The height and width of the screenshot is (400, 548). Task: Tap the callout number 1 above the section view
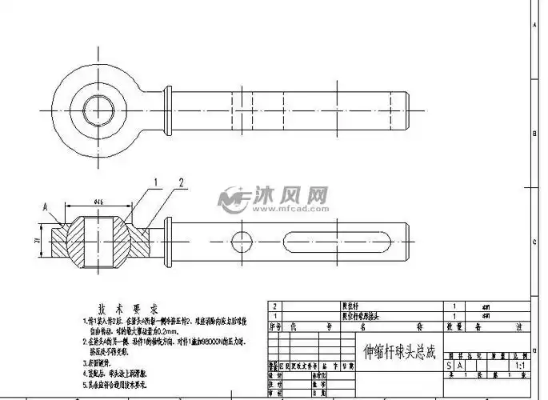156,182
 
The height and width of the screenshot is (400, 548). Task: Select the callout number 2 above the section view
182,182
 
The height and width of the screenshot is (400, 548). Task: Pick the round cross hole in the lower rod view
242,238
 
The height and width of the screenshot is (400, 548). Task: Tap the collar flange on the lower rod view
168,238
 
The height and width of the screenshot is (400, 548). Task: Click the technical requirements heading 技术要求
129,309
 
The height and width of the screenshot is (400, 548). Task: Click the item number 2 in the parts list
276,306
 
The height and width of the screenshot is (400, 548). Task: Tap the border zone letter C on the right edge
535,240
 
